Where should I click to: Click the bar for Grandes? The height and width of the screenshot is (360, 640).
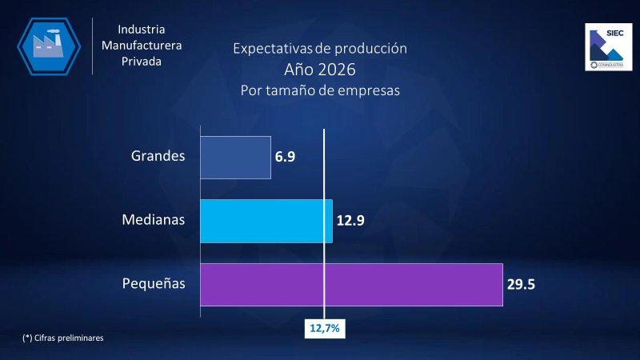[235, 157]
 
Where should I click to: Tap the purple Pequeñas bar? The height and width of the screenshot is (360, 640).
[350, 284]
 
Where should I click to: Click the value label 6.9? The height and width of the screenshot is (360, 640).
[286, 157]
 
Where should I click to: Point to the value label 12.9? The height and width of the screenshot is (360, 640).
[350, 221]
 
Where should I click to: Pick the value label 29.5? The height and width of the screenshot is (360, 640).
[521, 284]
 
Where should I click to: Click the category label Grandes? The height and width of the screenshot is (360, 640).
[158, 156]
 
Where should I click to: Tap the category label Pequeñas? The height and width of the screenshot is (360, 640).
[154, 283]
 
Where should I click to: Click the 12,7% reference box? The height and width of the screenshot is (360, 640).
[324, 328]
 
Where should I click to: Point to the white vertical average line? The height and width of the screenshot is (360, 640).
[324, 184]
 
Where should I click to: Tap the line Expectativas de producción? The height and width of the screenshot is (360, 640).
[320, 48]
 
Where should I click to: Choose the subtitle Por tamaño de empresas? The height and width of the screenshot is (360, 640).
[320, 90]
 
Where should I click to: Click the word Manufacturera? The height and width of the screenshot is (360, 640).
[142, 45]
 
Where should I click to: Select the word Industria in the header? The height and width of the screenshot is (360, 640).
[142, 29]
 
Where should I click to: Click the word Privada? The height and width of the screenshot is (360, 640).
[142, 61]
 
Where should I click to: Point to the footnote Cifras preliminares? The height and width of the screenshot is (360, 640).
[63, 338]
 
